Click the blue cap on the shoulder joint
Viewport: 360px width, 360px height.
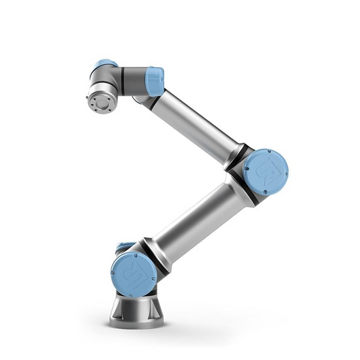click(x=133, y=274)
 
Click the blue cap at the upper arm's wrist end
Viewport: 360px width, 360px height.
click(x=155, y=80)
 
